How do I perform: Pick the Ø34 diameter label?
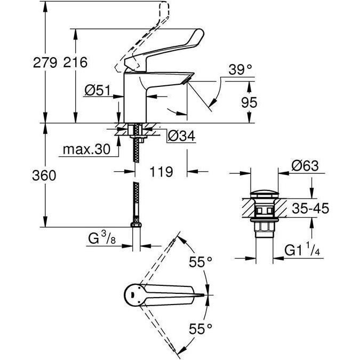(180, 137)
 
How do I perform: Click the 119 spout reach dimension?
(160, 172)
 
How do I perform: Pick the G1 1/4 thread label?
(306, 249)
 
